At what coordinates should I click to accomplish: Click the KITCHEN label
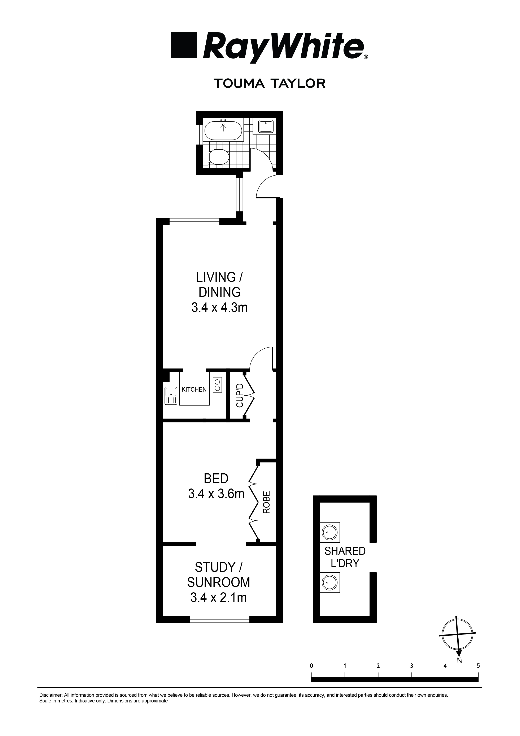click(x=194, y=389)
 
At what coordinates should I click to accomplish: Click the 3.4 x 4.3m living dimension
click(x=219, y=308)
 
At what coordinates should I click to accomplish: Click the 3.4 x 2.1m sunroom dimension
click(x=219, y=598)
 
